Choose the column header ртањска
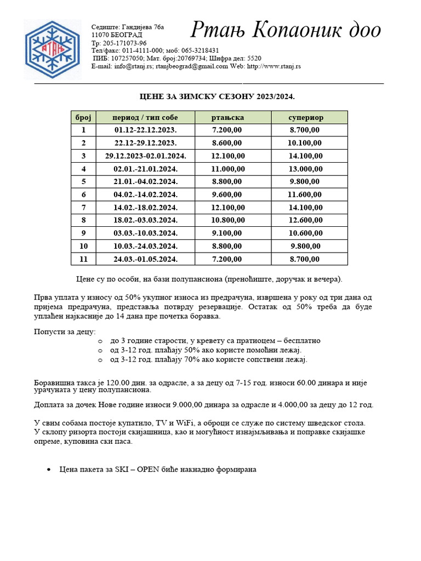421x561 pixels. (227, 117)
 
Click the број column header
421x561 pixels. (83, 117)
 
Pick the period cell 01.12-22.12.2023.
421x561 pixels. (145, 130)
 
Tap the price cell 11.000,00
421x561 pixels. (227, 169)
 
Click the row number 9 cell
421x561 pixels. (83, 233)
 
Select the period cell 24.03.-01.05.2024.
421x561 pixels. (145, 259)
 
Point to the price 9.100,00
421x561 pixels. (227, 233)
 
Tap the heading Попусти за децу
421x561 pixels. (65, 331)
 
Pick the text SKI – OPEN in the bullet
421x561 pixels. (139, 470)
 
